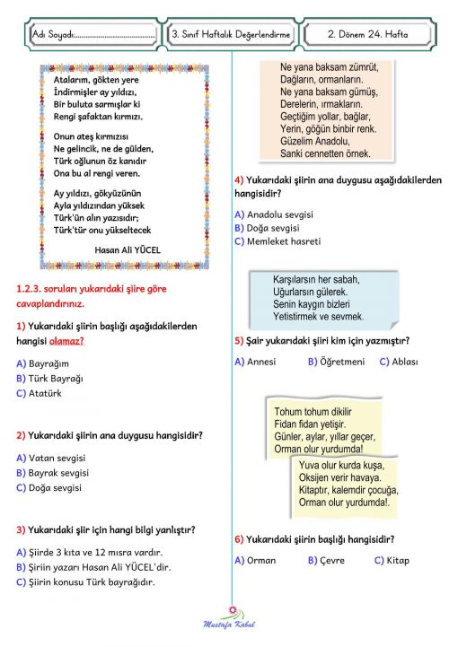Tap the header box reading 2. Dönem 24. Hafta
click(368, 35)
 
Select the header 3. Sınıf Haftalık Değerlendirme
click(231, 35)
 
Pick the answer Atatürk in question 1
click(53, 393)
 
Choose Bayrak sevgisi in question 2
click(64, 473)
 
